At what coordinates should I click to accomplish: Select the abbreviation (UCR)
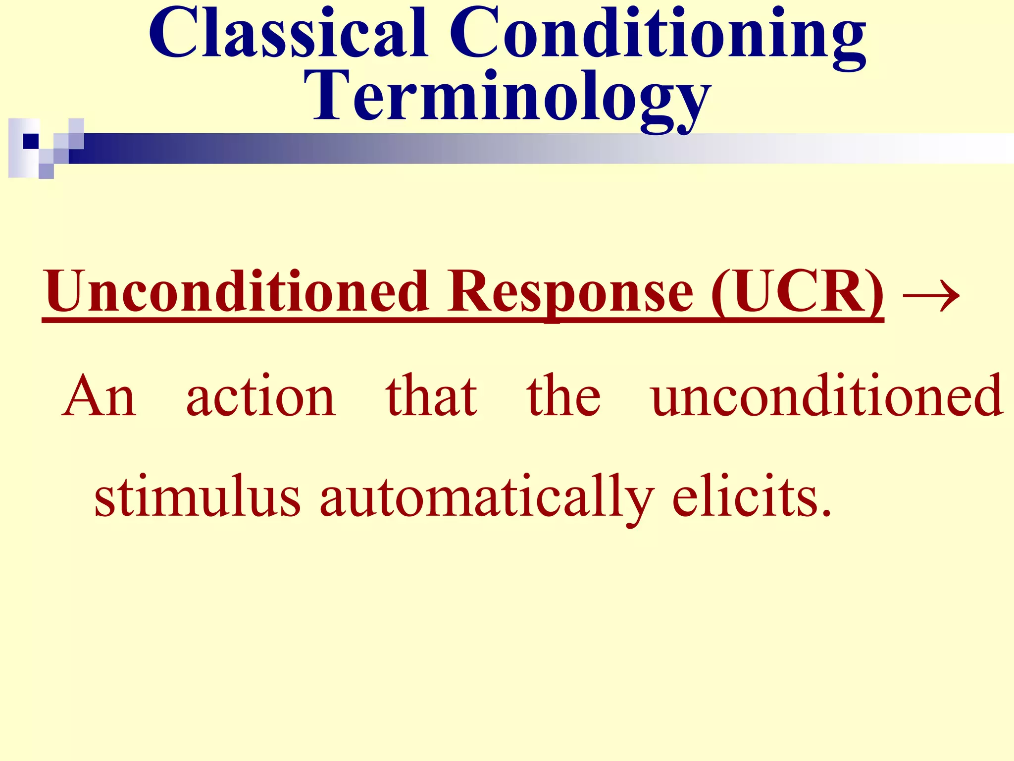click(x=797, y=292)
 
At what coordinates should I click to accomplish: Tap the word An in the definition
click(x=99, y=396)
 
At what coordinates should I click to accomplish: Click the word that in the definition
click(x=431, y=396)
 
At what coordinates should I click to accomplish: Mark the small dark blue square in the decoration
click(x=31, y=141)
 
